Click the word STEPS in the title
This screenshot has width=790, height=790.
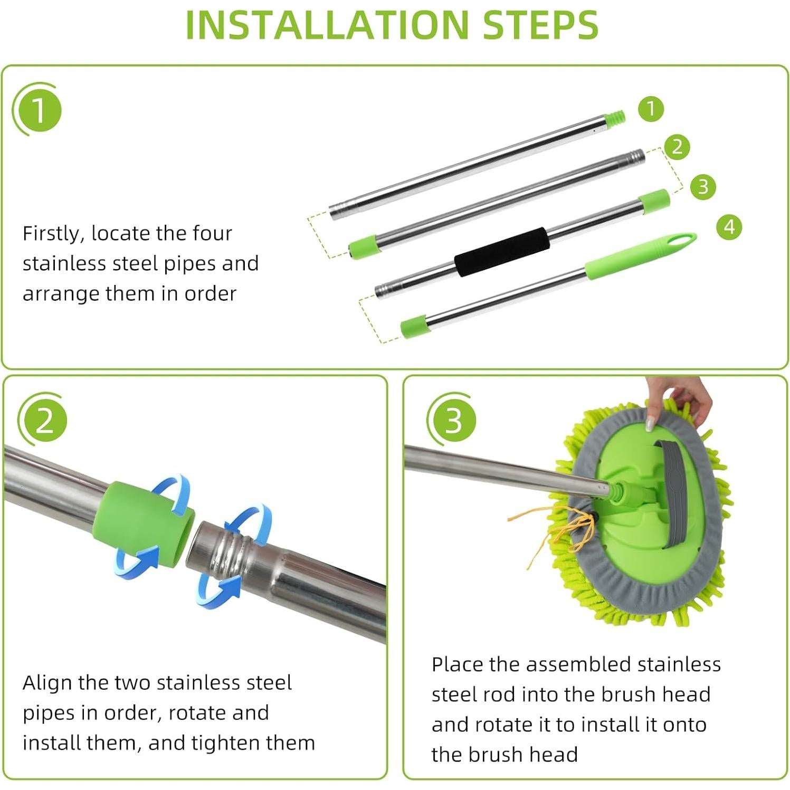541,24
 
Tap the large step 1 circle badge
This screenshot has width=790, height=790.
37,110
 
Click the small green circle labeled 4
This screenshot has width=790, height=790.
729,227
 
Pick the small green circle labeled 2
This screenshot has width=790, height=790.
678,147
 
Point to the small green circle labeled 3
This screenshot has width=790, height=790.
703,187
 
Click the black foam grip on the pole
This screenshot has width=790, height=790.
502,252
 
